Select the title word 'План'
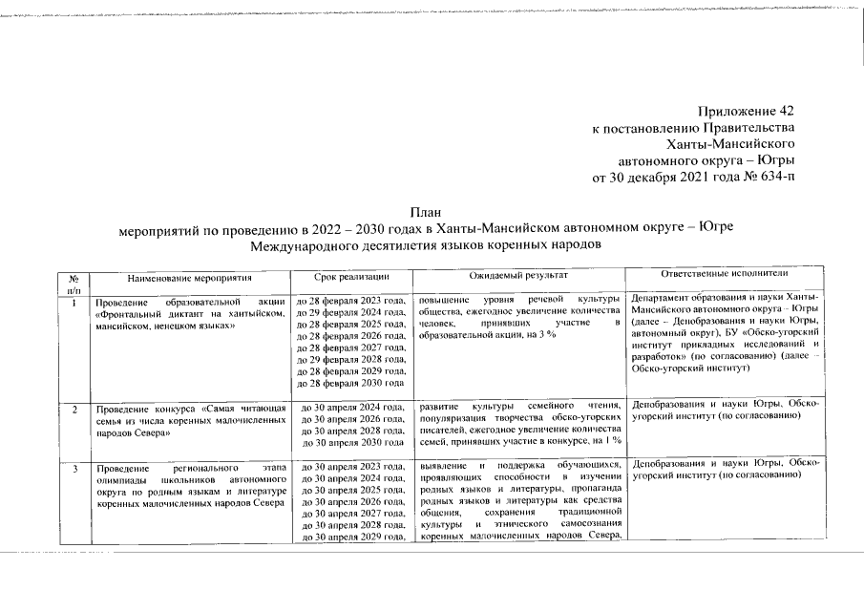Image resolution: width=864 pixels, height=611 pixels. [427, 212]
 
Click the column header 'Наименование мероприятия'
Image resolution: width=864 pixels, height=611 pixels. [190, 277]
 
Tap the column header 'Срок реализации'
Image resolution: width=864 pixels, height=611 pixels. [350, 277]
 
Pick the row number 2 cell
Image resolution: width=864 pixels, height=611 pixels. [74, 409]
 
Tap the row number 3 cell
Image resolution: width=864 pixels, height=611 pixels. [74, 468]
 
